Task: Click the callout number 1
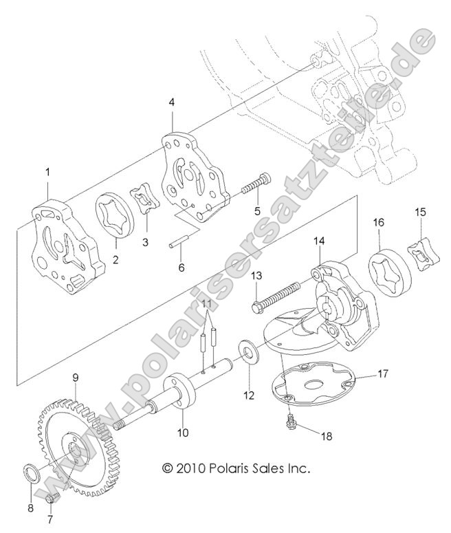point(47,173)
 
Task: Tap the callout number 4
point(172,102)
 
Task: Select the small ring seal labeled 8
point(32,474)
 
